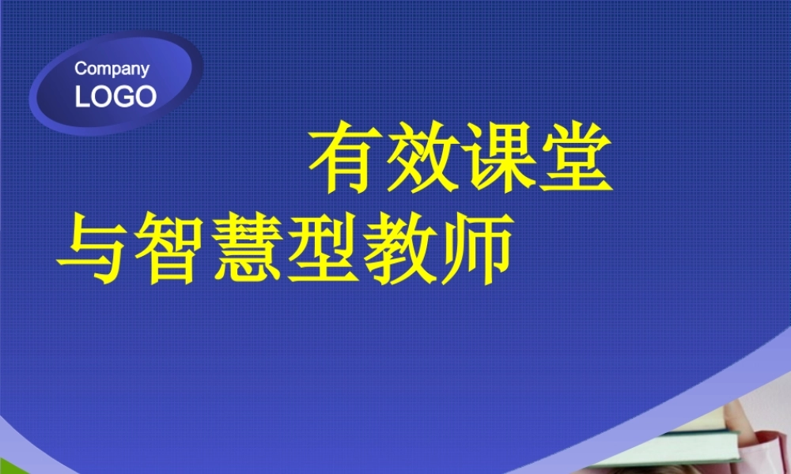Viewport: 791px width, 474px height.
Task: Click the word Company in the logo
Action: (x=112, y=70)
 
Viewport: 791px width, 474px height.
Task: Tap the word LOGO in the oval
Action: (x=115, y=96)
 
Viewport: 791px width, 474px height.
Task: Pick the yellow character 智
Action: (x=168, y=250)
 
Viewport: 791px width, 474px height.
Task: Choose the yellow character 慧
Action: (x=244, y=250)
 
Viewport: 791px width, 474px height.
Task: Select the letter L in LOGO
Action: (x=82, y=96)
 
